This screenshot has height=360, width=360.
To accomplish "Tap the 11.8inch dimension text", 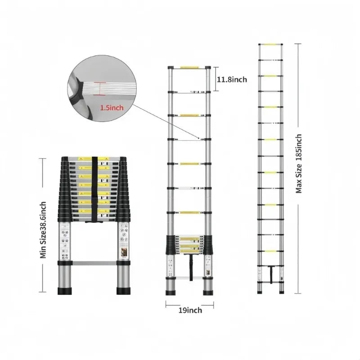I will pyautogui.click(x=232, y=80).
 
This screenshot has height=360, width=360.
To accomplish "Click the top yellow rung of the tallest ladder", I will pyautogui.click(x=271, y=44).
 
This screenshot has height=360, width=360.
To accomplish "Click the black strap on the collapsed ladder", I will pyautogui.click(x=95, y=189).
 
